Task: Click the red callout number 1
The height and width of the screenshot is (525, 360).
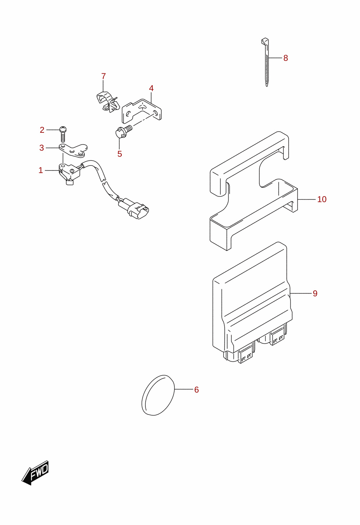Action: coord(41,171)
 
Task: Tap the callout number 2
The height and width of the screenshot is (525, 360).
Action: coord(42,130)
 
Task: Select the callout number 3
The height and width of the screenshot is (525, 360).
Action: coord(41,148)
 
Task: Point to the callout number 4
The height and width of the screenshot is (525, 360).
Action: coord(151,89)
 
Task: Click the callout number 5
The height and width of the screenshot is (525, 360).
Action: coord(120,154)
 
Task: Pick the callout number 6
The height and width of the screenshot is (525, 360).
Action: coord(197,390)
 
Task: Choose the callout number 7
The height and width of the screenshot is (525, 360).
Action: coord(103,76)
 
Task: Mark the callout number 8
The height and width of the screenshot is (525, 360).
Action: coord(285,58)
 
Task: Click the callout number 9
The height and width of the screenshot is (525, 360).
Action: coord(315,293)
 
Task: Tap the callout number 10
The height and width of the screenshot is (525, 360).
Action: coord(322,199)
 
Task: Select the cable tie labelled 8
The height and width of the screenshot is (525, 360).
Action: coord(266,62)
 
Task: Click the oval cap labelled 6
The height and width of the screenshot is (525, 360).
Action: coord(158,395)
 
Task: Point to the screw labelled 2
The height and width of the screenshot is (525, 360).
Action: coord(63,134)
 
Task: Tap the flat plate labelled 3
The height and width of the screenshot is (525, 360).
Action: coord(73,150)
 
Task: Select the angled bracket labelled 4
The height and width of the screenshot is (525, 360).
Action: coord(141,111)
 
